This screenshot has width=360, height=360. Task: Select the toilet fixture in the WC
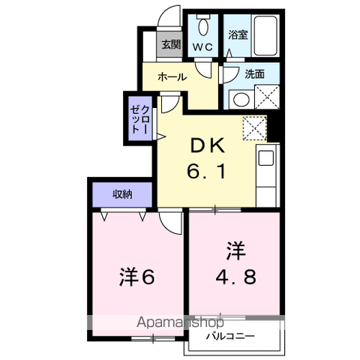click(202, 28)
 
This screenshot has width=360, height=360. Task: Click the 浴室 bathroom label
click(238, 34)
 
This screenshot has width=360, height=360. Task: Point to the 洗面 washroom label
click(254, 73)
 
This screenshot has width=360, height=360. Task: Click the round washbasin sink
click(240, 98)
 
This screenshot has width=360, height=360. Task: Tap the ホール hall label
click(172, 76)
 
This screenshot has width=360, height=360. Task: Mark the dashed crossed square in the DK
click(256, 129)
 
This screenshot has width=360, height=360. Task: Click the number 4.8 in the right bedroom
click(235, 276)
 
